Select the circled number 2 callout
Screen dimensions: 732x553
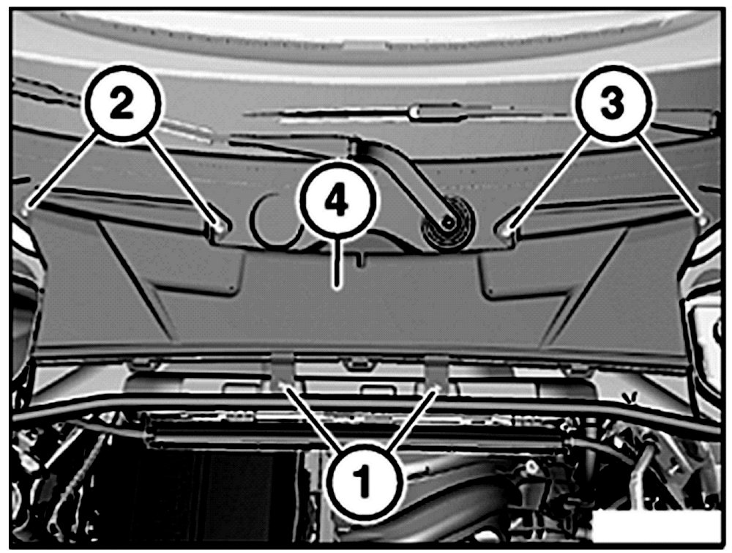(123, 104)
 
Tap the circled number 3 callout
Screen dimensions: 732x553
(613, 104)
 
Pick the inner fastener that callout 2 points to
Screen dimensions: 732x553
(220, 228)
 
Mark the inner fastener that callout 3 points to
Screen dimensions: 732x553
(505, 230)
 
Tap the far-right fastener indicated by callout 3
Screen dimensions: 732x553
(703, 218)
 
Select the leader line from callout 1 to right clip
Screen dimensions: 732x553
(413, 420)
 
